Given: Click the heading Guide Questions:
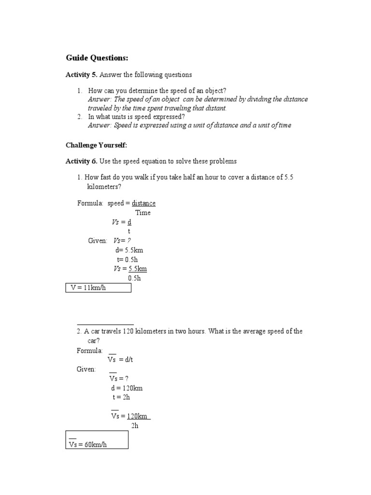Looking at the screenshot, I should coord(97,58).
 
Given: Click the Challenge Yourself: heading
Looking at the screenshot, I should coord(96,145).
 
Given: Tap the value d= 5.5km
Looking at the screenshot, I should coord(129,250).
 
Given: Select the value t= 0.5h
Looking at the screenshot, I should coord(128,260).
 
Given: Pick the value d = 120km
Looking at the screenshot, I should coord(127,388).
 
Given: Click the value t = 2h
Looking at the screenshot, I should coord(121,397).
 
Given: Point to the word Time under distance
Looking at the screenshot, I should coord(143,213).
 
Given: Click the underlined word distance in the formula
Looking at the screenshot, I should coord(143,204).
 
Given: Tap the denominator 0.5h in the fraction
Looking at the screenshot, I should coord(135,278).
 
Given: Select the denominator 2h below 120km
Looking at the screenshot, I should coord(135,425).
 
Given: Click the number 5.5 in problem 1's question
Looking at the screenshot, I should coord(289,177).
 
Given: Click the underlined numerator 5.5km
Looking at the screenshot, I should coord(138,269).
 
